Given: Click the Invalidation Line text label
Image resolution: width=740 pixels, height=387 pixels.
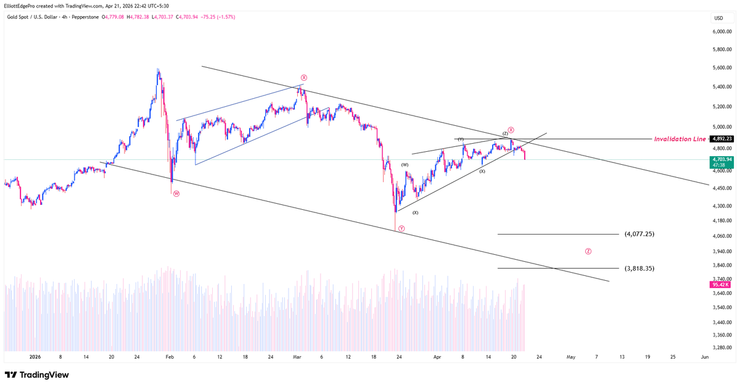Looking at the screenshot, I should click(x=680, y=139).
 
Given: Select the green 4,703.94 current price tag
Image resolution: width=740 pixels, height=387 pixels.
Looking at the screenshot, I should click(x=721, y=159).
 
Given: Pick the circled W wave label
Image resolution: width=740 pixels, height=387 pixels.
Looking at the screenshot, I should click(x=176, y=193).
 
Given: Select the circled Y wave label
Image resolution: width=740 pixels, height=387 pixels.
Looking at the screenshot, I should click(x=401, y=228).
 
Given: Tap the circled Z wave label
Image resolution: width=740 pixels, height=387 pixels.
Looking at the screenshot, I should click(x=588, y=251).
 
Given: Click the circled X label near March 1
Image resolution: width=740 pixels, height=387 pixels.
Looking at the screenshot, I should click(x=304, y=77).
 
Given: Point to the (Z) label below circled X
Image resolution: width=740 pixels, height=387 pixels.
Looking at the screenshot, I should click(x=504, y=133).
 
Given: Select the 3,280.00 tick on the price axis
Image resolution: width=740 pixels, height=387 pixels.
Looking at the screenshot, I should click(x=721, y=347).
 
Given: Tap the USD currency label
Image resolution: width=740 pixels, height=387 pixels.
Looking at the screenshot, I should click(x=718, y=18).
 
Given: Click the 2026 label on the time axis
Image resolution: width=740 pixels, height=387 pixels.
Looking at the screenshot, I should click(x=35, y=357).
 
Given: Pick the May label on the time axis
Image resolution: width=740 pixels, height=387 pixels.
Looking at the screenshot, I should click(x=571, y=357).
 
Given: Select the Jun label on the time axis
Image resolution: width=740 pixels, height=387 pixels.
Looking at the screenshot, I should click(x=704, y=357).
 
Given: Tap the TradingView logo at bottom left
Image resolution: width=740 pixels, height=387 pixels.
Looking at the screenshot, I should click(x=37, y=375).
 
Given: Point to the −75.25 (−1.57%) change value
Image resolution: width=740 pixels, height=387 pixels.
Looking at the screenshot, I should click(x=217, y=17).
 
